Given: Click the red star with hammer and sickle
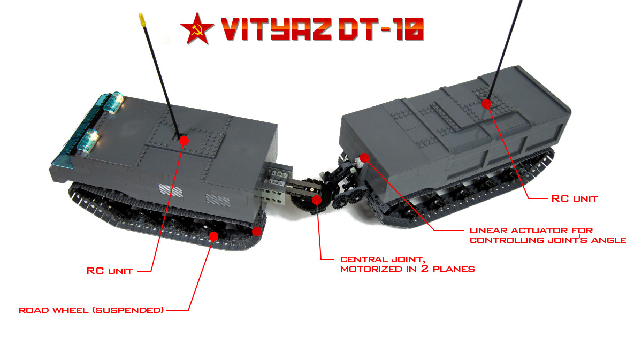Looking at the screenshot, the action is pos(197,29).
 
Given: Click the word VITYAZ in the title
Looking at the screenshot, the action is pos(276,29).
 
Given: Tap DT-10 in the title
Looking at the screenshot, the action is pos(381,29).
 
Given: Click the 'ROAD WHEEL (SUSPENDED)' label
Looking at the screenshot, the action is pos(91,310).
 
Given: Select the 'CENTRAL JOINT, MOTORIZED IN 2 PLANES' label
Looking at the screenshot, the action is pos(407,264).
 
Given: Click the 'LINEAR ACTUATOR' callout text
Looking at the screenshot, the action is pos(548,235).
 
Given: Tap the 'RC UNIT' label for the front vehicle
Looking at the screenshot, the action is pos(110,271).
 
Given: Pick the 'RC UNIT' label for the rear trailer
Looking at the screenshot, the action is pos(575,198).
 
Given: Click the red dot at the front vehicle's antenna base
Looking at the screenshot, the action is pos(184,141).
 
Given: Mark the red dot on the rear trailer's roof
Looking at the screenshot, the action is pos(486,103).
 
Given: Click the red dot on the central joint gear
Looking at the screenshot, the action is pos(316,200).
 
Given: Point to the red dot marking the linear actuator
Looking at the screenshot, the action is pos(364,157).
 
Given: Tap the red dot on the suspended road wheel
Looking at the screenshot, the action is pos(213,236).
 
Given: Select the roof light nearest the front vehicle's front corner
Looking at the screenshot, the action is pos(89,140).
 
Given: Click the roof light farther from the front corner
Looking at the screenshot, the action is pos(114,102).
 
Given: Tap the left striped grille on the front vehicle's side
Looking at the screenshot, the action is pos(171,190).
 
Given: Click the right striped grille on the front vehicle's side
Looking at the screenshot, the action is pos(218,201).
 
